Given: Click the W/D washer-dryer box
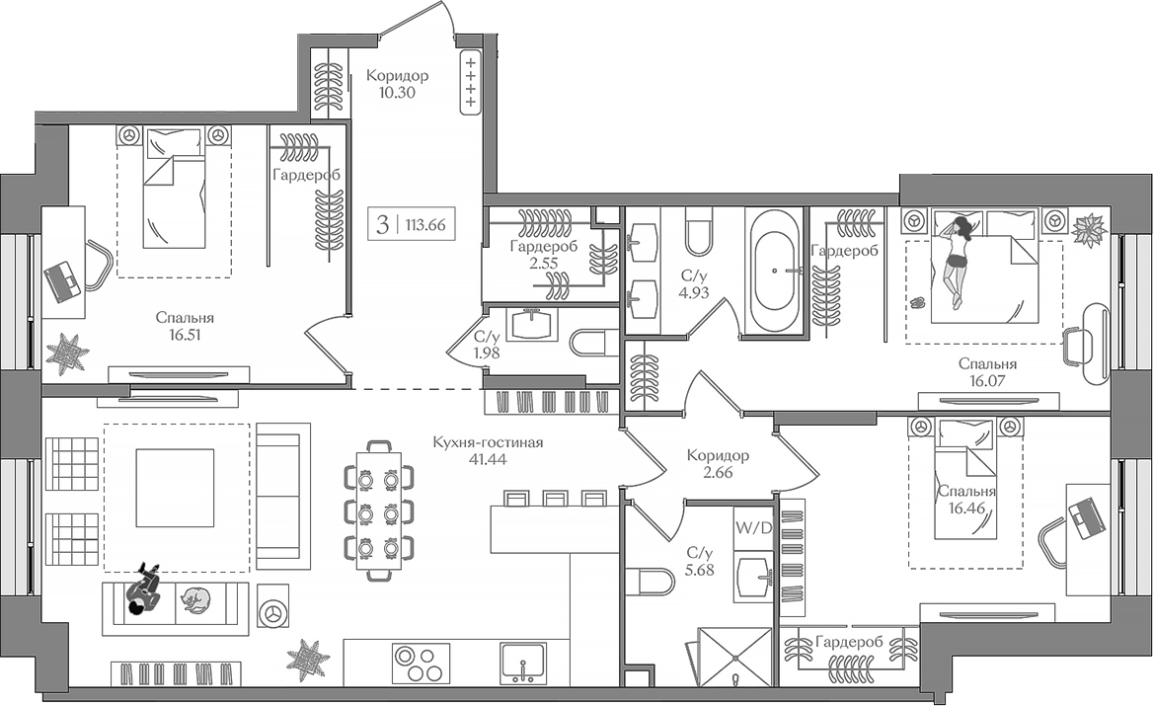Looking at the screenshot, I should pos(752,525).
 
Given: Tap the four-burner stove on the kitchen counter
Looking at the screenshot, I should pos(421,663).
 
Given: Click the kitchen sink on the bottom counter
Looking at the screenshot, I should pos(523,663).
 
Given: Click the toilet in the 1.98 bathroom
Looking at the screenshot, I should pos(589,342).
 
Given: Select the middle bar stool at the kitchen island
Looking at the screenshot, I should pos(555,498).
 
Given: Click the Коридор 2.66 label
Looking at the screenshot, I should pos(718,465).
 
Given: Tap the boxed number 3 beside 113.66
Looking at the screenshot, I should pos(381,224).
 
